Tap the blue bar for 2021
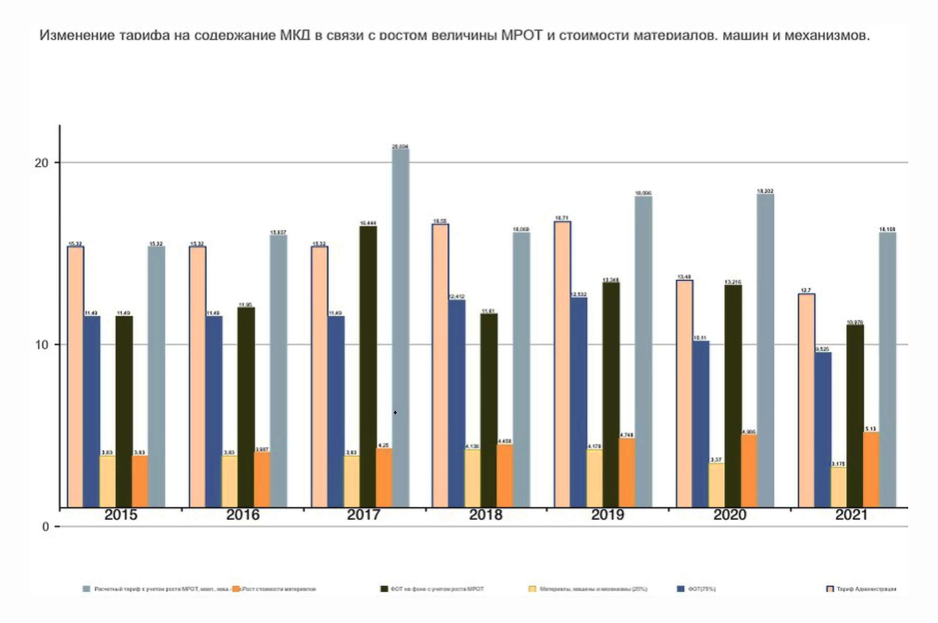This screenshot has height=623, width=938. pyautogui.click(x=823, y=429)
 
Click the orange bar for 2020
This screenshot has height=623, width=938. pyautogui.click(x=749, y=471)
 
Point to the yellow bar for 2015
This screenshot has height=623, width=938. pyautogui.click(x=107, y=481)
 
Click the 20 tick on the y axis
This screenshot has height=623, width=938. pyautogui.click(x=41, y=163)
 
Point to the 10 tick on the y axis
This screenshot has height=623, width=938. pyautogui.click(x=41, y=344)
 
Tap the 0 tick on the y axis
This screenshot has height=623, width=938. pyautogui.click(x=45, y=527)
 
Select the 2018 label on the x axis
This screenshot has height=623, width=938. pyautogui.click(x=485, y=515)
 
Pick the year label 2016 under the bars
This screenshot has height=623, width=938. pyautogui.click(x=243, y=515)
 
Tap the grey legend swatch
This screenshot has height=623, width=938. pyautogui.click(x=86, y=589)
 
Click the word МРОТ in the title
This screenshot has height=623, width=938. pyautogui.click(x=522, y=36)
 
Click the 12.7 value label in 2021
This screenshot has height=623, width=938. pyautogui.click(x=805, y=290)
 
